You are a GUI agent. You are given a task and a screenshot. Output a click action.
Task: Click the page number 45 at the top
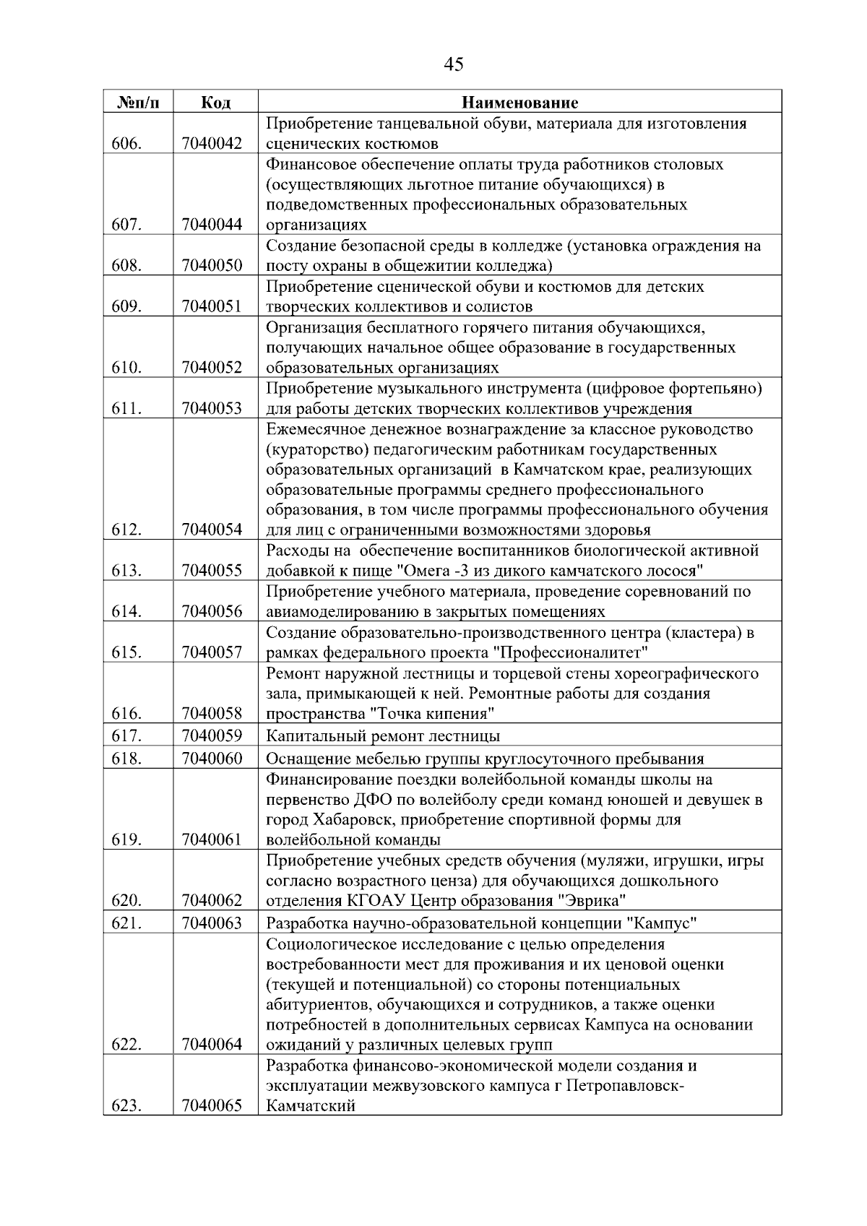tap(453, 65)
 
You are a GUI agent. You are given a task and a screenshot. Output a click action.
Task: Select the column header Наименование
tap(519, 103)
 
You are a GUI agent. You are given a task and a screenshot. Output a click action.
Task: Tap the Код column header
tap(215, 103)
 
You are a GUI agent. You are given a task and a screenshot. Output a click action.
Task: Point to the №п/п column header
tap(138, 103)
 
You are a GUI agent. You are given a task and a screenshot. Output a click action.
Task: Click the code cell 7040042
tap(212, 143)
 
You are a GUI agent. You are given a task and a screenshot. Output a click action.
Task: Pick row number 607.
tap(126, 225)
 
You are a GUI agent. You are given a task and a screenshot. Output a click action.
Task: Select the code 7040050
tap(212, 265)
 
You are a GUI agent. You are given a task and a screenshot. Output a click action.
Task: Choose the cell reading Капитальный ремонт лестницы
tap(383, 736)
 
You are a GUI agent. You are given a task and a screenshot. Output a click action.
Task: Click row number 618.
tap(126, 759)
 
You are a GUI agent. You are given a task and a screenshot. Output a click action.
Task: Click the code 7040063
tap(212, 923)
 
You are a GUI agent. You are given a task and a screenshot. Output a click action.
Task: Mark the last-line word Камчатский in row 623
tap(311, 1106)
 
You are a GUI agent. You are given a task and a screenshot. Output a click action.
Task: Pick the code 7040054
tap(212, 530)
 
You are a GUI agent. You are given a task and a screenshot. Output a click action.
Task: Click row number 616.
tap(126, 714)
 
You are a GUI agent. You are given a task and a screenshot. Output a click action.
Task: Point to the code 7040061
tap(212, 839)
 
